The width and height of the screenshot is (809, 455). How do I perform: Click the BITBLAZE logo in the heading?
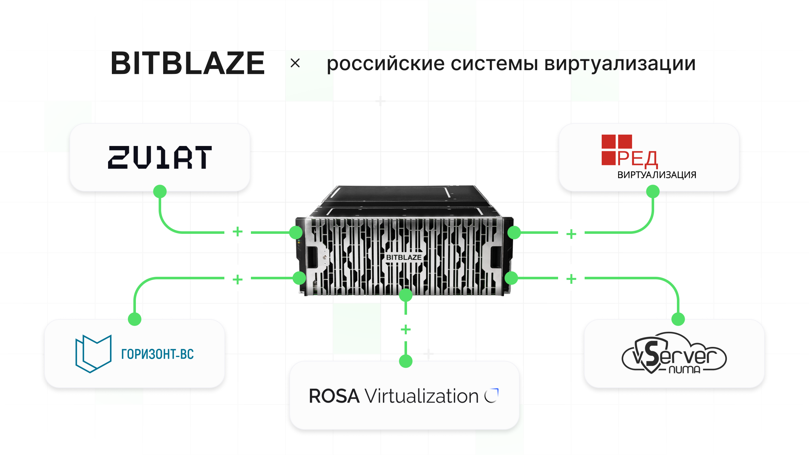(x=188, y=63)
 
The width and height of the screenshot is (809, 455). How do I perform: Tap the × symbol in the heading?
(x=295, y=63)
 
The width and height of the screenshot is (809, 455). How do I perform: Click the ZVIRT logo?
(x=160, y=157)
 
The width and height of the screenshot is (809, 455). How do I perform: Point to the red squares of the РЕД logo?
(x=616, y=150)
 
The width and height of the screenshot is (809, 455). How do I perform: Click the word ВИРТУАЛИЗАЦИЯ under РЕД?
(x=657, y=175)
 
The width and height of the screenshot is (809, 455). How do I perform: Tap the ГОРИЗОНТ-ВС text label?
(x=157, y=354)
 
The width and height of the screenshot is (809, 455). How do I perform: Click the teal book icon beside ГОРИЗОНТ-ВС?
(x=94, y=354)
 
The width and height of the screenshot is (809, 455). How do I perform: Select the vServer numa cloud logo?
(x=674, y=353)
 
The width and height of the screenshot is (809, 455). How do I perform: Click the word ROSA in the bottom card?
(x=334, y=396)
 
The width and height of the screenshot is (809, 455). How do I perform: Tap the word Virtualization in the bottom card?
(x=422, y=396)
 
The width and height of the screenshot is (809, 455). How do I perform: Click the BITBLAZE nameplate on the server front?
(x=404, y=257)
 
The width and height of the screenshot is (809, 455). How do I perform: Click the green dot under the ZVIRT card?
(x=160, y=191)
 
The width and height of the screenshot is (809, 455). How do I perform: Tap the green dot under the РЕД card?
(x=653, y=191)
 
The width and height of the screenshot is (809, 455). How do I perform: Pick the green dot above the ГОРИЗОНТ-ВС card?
(x=135, y=319)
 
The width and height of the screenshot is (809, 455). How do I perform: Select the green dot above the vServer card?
(x=678, y=319)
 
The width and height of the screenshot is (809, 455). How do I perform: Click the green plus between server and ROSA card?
(x=406, y=330)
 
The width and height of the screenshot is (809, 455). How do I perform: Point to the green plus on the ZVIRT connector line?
(x=238, y=232)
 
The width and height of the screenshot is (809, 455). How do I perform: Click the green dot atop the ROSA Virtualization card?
(x=406, y=361)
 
